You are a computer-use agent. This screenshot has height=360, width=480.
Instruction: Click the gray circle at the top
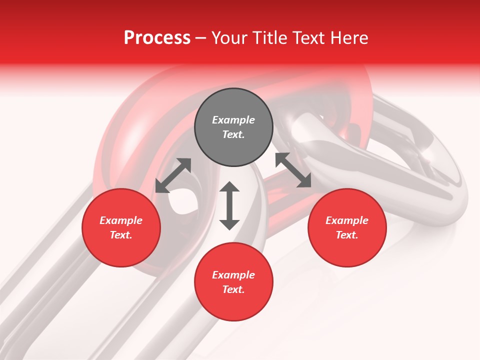click(x=233, y=127)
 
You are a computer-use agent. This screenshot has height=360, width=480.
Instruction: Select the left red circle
click(x=121, y=227)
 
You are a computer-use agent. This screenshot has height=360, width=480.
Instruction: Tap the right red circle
click(x=347, y=227)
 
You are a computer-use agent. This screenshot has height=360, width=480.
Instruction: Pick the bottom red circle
click(x=233, y=282)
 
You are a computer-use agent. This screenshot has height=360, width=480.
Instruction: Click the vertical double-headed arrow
click(x=229, y=205)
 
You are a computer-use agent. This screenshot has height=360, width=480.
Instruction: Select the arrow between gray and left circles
click(x=173, y=175)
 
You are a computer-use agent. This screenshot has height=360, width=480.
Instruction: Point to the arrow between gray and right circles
click(x=293, y=170)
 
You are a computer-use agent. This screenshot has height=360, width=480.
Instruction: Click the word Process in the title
click(x=157, y=38)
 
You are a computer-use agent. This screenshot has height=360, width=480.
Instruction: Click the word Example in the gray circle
click(x=233, y=120)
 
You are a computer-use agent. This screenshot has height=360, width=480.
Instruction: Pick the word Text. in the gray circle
click(x=233, y=134)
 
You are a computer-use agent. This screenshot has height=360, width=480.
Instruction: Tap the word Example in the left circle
click(x=121, y=220)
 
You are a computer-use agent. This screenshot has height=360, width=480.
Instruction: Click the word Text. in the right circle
click(x=347, y=235)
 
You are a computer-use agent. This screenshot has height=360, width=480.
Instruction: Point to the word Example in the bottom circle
click(x=233, y=275)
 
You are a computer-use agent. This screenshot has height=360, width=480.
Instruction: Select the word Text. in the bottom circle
click(x=233, y=289)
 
